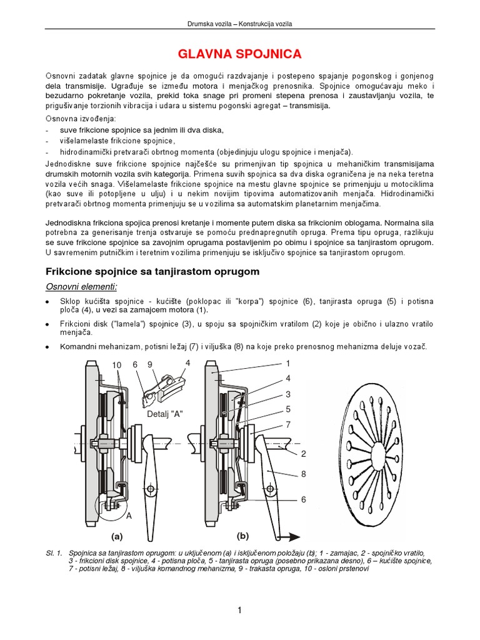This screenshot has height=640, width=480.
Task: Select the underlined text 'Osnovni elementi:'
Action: [x=81, y=286]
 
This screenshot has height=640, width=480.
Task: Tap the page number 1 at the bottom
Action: [x=240, y=611]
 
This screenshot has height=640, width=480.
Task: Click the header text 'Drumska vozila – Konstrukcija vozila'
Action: [x=241, y=24]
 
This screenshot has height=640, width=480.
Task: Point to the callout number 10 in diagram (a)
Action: [x=117, y=364]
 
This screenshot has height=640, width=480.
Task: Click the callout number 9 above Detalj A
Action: [x=151, y=364]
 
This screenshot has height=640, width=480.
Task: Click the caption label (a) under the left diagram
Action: [x=116, y=536]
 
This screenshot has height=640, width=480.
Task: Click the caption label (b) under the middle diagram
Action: [x=242, y=536]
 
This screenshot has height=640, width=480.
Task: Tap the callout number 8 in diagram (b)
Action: [x=303, y=474]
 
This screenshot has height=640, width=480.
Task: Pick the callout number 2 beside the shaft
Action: [x=303, y=452]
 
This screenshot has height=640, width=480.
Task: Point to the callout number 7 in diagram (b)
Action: [x=288, y=424]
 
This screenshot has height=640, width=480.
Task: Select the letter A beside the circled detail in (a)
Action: [x=129, y=517]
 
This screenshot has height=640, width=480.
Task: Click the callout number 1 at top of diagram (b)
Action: [x=288, y=363]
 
